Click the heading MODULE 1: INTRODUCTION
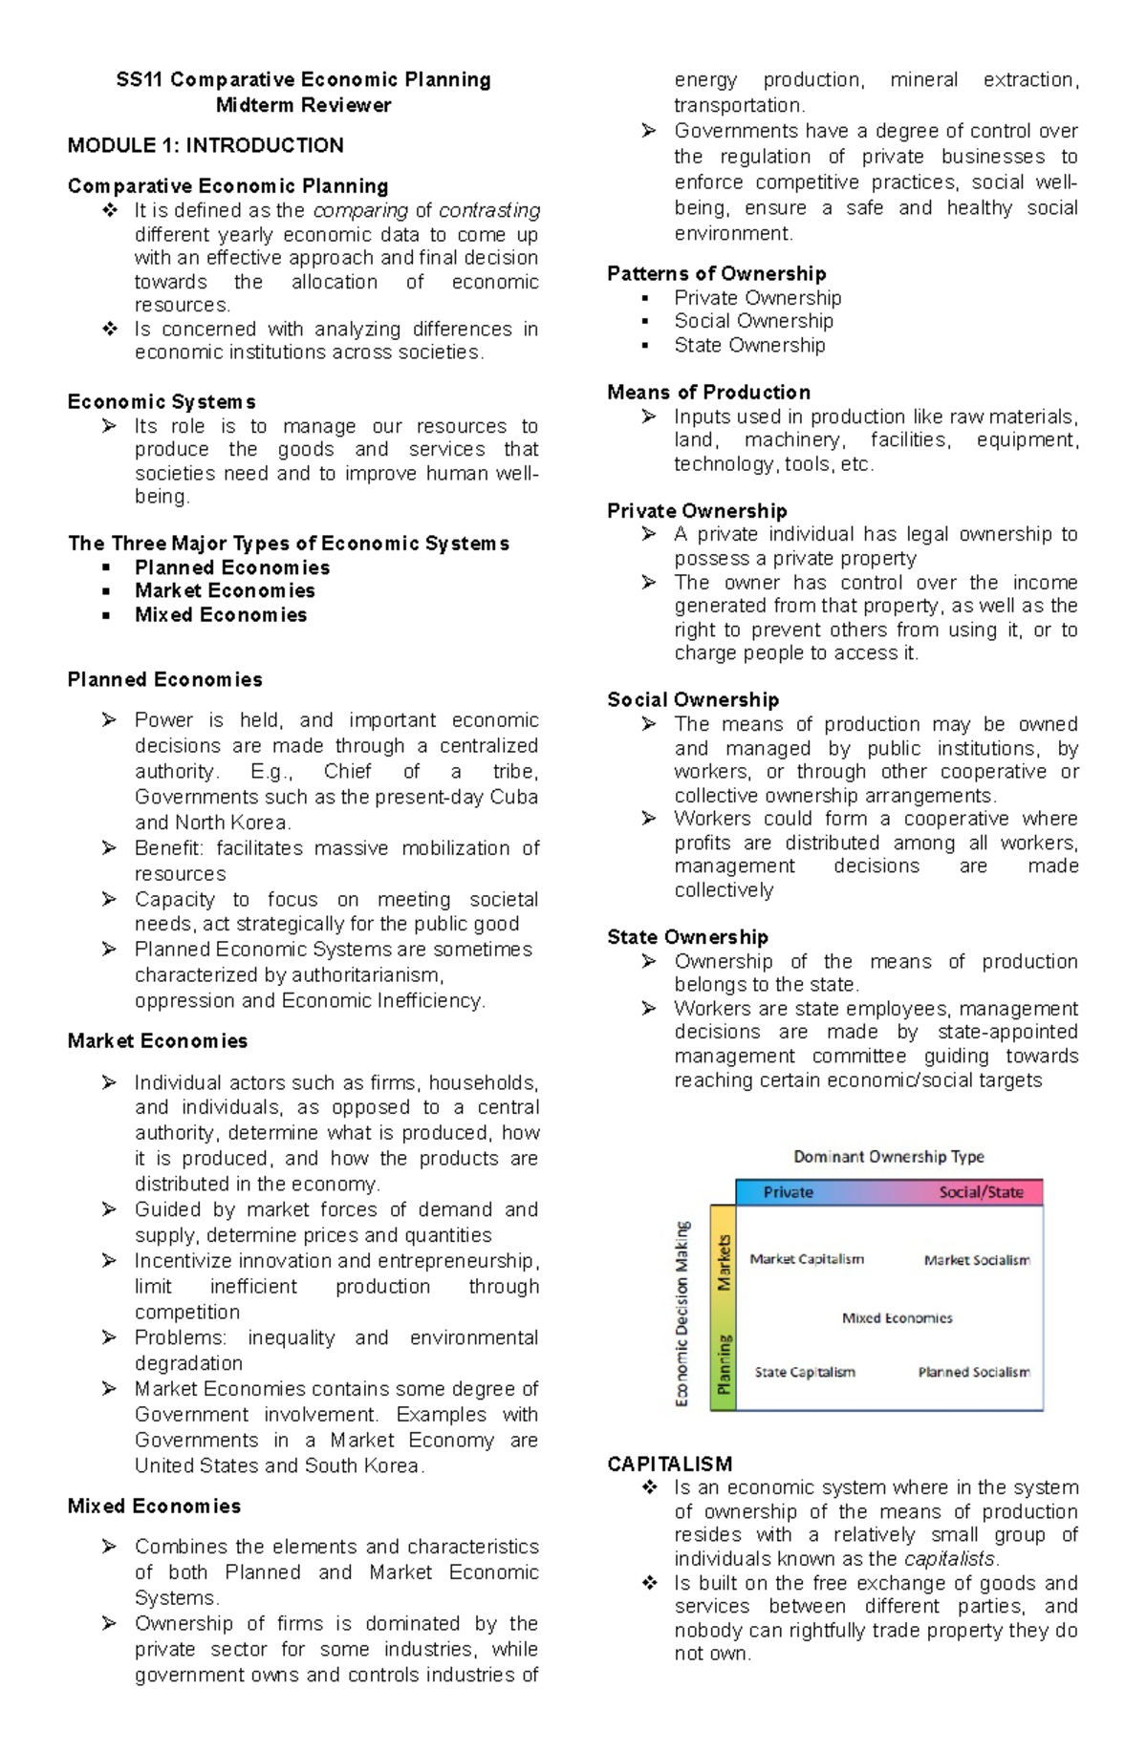(206, 145)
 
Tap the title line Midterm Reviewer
(303, 105)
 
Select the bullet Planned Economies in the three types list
(232, 567)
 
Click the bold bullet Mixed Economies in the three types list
(221, 615)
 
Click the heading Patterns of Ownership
(716, 274)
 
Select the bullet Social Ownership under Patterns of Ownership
(753, 321)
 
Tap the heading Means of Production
(708, 393)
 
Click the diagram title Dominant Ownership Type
(888, 1157)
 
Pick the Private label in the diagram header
(788, 1192)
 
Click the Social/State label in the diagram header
(981, 1192)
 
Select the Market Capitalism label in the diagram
(807, 1259)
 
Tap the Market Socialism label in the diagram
(976, 1260)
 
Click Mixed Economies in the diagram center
(897, 1318)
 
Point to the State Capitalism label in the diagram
(805, 1373)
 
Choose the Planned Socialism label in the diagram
(973, 1373)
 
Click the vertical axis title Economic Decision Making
(682, 1314)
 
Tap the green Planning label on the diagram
(724, 1363)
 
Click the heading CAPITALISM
(669, 1464)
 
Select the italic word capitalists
(950, 1559)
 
